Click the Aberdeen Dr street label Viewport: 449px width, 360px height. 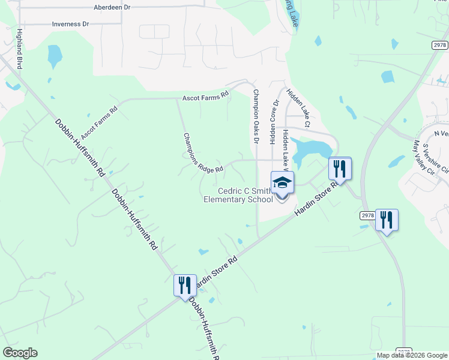click(x=112, y=7)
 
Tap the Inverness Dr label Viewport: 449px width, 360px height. click(x=70, y=24)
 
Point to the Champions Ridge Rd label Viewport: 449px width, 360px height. click(x=203, y=154)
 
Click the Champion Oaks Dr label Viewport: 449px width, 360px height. click(x=256, y=117)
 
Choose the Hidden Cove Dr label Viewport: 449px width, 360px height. click(x=275, y=122)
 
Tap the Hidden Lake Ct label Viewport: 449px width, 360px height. click(x=298, y=109)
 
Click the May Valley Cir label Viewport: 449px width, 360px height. click(x=423, y=157)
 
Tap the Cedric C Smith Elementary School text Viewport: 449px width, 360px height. click(x=238, y=195)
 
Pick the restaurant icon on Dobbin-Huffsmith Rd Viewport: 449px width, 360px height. click(x=185, y=285)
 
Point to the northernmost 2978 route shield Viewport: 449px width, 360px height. click(x=439, y=45)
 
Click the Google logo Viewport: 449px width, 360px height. click(x=20, y=353)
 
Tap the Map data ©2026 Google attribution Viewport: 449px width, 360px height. click(x=412, y=355)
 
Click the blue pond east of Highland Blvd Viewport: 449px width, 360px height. click(x=55, y=56)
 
